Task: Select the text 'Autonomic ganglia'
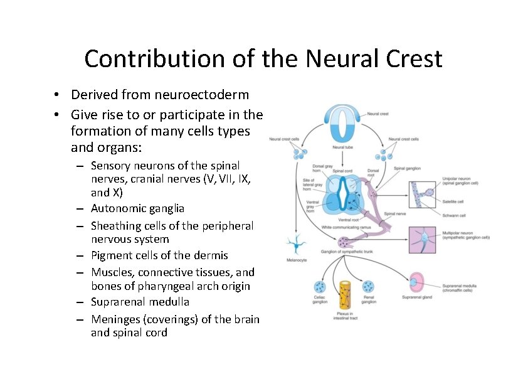pos(137,208)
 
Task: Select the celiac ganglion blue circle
pos(320,287)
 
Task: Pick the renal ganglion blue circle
pos(369,287)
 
